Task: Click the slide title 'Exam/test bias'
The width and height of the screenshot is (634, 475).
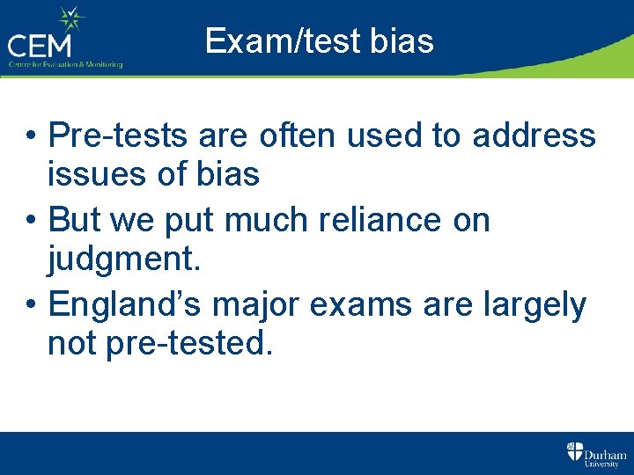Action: point(319,40)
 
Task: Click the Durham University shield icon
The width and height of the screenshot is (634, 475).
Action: point(574,452)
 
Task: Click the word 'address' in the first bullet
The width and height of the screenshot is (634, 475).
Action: point(534,136)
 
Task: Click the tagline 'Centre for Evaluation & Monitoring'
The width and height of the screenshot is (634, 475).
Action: point(66,64)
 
